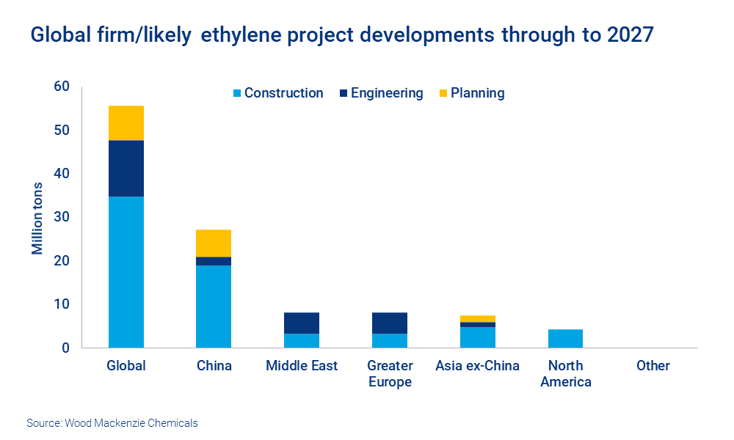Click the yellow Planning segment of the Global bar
[126, 123]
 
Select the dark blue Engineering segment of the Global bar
[126, 169]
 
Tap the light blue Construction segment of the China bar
[214, 307]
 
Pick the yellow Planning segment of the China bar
[214, 243]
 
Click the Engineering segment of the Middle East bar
[302, 323]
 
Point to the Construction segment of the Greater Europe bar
[390, 340]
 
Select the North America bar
[565, 339]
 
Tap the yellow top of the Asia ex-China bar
[477, 319]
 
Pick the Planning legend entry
[470, 93]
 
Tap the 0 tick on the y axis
[65, 348]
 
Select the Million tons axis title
[37, 218]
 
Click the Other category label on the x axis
[653, 366]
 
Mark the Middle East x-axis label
[302, 366]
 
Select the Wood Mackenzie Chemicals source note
[112, 423]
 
